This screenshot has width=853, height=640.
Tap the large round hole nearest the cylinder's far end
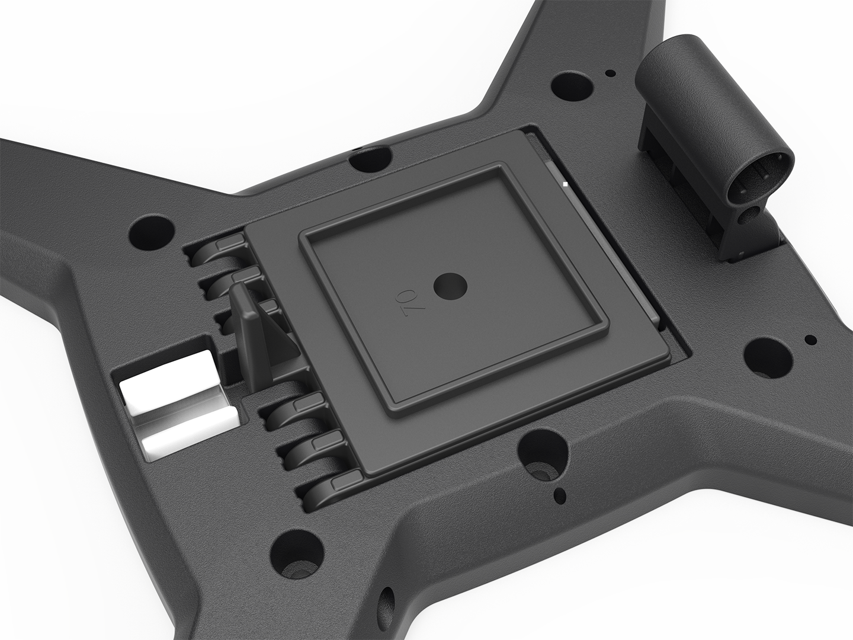pos(571,87)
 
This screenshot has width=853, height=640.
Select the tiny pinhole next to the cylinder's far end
pos(611,73)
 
